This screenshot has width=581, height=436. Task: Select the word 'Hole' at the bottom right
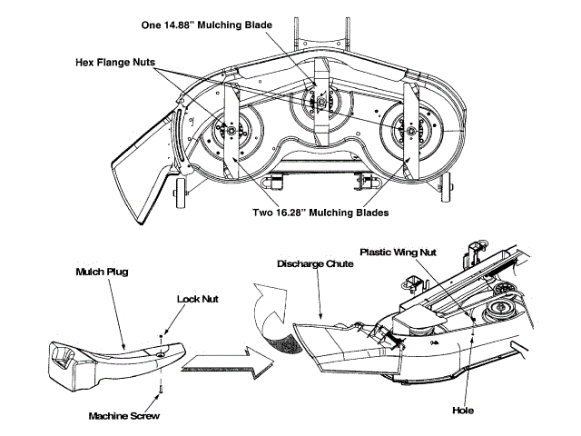tap(462, 411)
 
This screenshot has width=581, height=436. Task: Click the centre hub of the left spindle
tap(225, 135)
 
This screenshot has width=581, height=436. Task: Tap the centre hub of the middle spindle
tap(320, 103)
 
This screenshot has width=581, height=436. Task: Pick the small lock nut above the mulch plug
tap(163, 334)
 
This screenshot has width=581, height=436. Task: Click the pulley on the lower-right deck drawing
tap(497, 314)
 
